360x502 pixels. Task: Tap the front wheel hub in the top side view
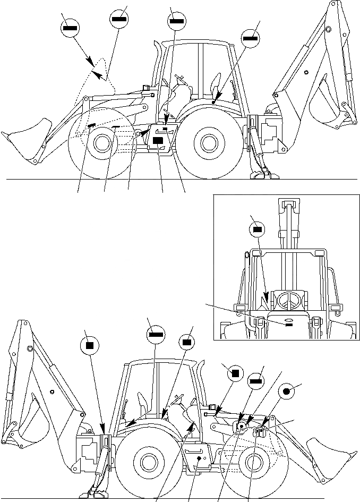(99, 142)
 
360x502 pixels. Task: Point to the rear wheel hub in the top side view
(207, 142)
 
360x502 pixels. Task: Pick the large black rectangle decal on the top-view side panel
(158, 140)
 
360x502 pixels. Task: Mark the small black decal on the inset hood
(289, 323)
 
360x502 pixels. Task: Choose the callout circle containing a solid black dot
(287, 392)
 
